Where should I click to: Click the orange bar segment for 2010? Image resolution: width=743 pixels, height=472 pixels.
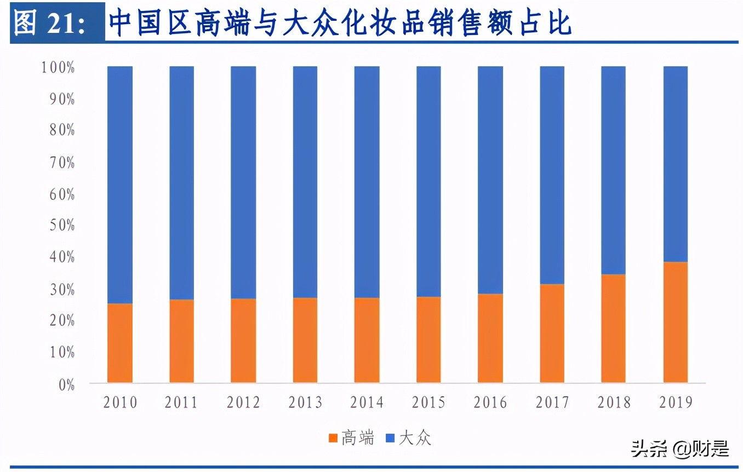(119, 343)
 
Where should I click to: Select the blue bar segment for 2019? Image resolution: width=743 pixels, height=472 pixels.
(675, 164)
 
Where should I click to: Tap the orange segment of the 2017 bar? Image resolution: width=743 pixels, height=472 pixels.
(552, 333)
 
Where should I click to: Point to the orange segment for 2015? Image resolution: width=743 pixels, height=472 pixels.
(428, 339)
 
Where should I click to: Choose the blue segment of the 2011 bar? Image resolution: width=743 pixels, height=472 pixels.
(181, 182)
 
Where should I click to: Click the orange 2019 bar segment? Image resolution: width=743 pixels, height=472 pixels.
(675, 322)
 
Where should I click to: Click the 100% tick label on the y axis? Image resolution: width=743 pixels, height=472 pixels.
(57, 68)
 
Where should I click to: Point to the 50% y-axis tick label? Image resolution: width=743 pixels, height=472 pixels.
(60, 226)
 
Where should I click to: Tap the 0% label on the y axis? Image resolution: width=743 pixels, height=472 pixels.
(64, 384)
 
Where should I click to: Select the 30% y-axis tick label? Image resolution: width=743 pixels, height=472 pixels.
(60, 289)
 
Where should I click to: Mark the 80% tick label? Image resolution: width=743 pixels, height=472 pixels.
(60, 131)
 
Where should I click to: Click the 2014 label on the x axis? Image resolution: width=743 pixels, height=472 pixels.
(367, 403)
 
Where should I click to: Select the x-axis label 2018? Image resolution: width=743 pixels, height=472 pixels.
(614, 403)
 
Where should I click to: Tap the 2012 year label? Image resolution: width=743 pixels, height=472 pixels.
(243, 403)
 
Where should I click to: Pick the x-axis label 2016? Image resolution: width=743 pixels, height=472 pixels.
(490, 403)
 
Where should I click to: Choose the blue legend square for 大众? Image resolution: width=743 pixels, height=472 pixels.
(390, 439)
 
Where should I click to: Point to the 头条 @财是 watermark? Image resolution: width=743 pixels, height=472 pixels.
(679, 449)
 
